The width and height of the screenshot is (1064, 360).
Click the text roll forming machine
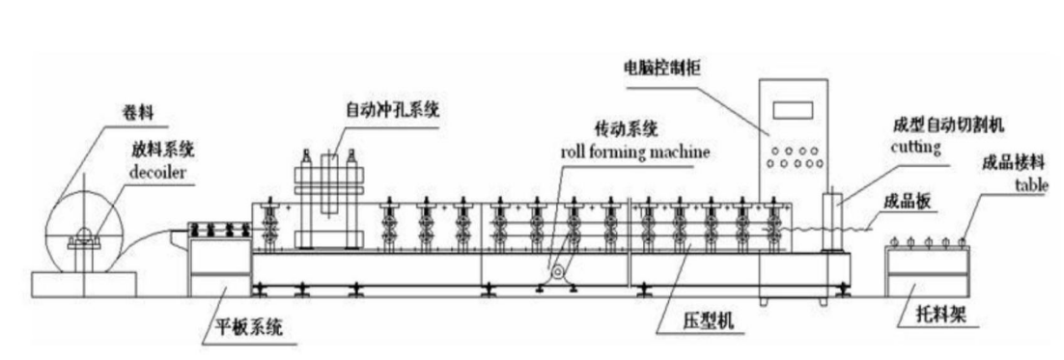click(x=635, y=152)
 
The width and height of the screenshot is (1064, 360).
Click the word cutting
click(x=916, y=147)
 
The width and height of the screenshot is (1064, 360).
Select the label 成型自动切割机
click(x=949, y=126)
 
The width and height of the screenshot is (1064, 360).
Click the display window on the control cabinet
click(x=794, y=109)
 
